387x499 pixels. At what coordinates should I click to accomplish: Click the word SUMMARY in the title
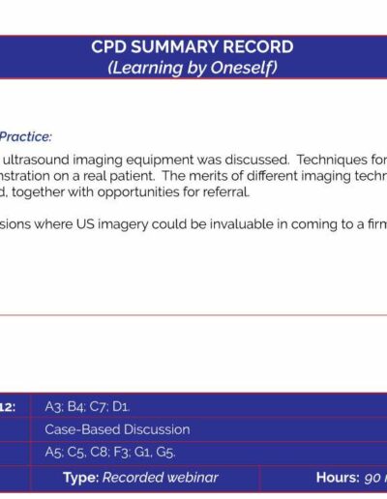(176, 46)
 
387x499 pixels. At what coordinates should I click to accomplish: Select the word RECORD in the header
(259, 46)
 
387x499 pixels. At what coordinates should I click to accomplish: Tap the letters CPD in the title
(109, 46)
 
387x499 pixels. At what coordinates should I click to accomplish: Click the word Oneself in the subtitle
(244, 68)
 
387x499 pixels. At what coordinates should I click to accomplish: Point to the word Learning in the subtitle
(145, 69)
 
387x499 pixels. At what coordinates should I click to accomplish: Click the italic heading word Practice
(25, 136)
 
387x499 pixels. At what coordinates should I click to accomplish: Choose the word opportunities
(138, 192)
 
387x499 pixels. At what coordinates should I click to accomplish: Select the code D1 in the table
(121, 407)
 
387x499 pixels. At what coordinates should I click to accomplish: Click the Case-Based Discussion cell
(117, 429)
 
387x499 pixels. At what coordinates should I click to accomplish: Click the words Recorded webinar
(161, 478)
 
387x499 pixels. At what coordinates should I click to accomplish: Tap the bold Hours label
(338, 478)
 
